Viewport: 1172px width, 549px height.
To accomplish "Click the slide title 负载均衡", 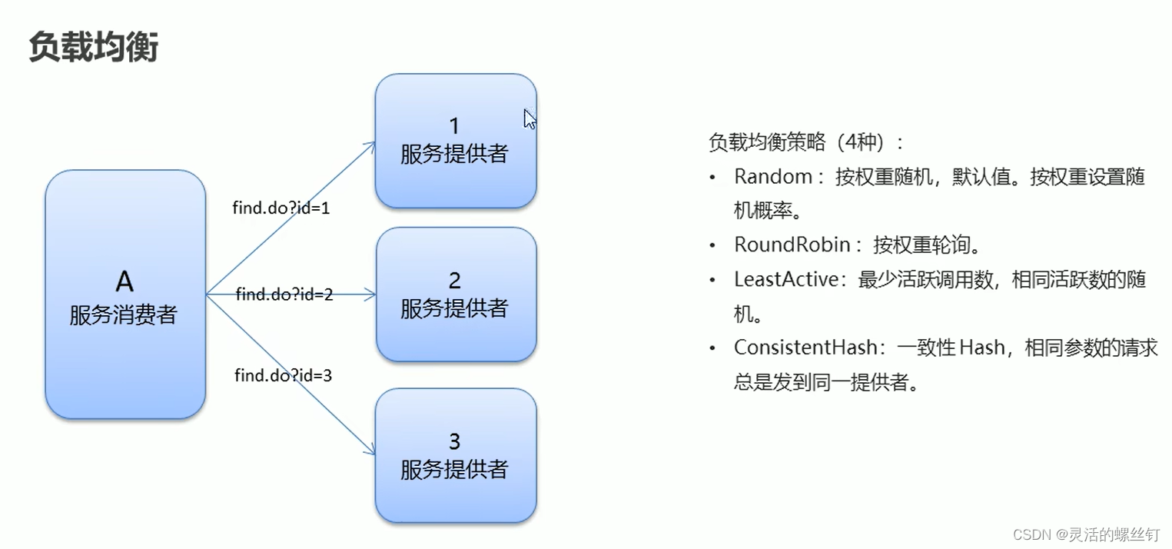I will (x=94, y=47).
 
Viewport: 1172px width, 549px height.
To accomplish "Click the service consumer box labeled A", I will (x=125, y=294).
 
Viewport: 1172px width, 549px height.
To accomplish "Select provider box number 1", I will (x=455, y=141).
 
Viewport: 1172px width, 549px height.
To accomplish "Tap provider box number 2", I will (x=455, y=294).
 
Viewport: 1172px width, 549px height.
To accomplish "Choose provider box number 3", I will (x=455, y=455).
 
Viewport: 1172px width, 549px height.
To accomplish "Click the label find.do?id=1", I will (x=281, y=208).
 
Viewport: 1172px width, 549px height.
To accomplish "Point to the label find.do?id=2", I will (x=284, y=294).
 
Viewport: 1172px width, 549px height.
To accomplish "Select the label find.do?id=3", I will (x=283, y=376).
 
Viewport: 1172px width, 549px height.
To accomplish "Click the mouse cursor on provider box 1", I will (x=530, y=119).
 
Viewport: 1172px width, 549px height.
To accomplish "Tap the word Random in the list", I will (x=773, y=177).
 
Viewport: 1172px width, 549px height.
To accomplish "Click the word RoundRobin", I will (x=792, y=245).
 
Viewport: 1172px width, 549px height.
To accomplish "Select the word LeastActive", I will (x=785, y=279).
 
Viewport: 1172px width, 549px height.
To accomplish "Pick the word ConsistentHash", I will (x=805, y=348).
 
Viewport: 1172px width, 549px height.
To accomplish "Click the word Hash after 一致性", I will (x=981, y=348).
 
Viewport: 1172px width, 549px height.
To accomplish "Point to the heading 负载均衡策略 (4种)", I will (x=807, y=142).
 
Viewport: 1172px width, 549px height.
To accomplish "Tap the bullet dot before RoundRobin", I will (x=713, y=245).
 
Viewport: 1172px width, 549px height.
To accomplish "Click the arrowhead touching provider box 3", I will (x=371, y=450).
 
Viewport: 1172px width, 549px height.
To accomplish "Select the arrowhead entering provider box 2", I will (x=370, y=294).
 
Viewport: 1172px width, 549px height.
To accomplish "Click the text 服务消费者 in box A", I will (x=124, y=314).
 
